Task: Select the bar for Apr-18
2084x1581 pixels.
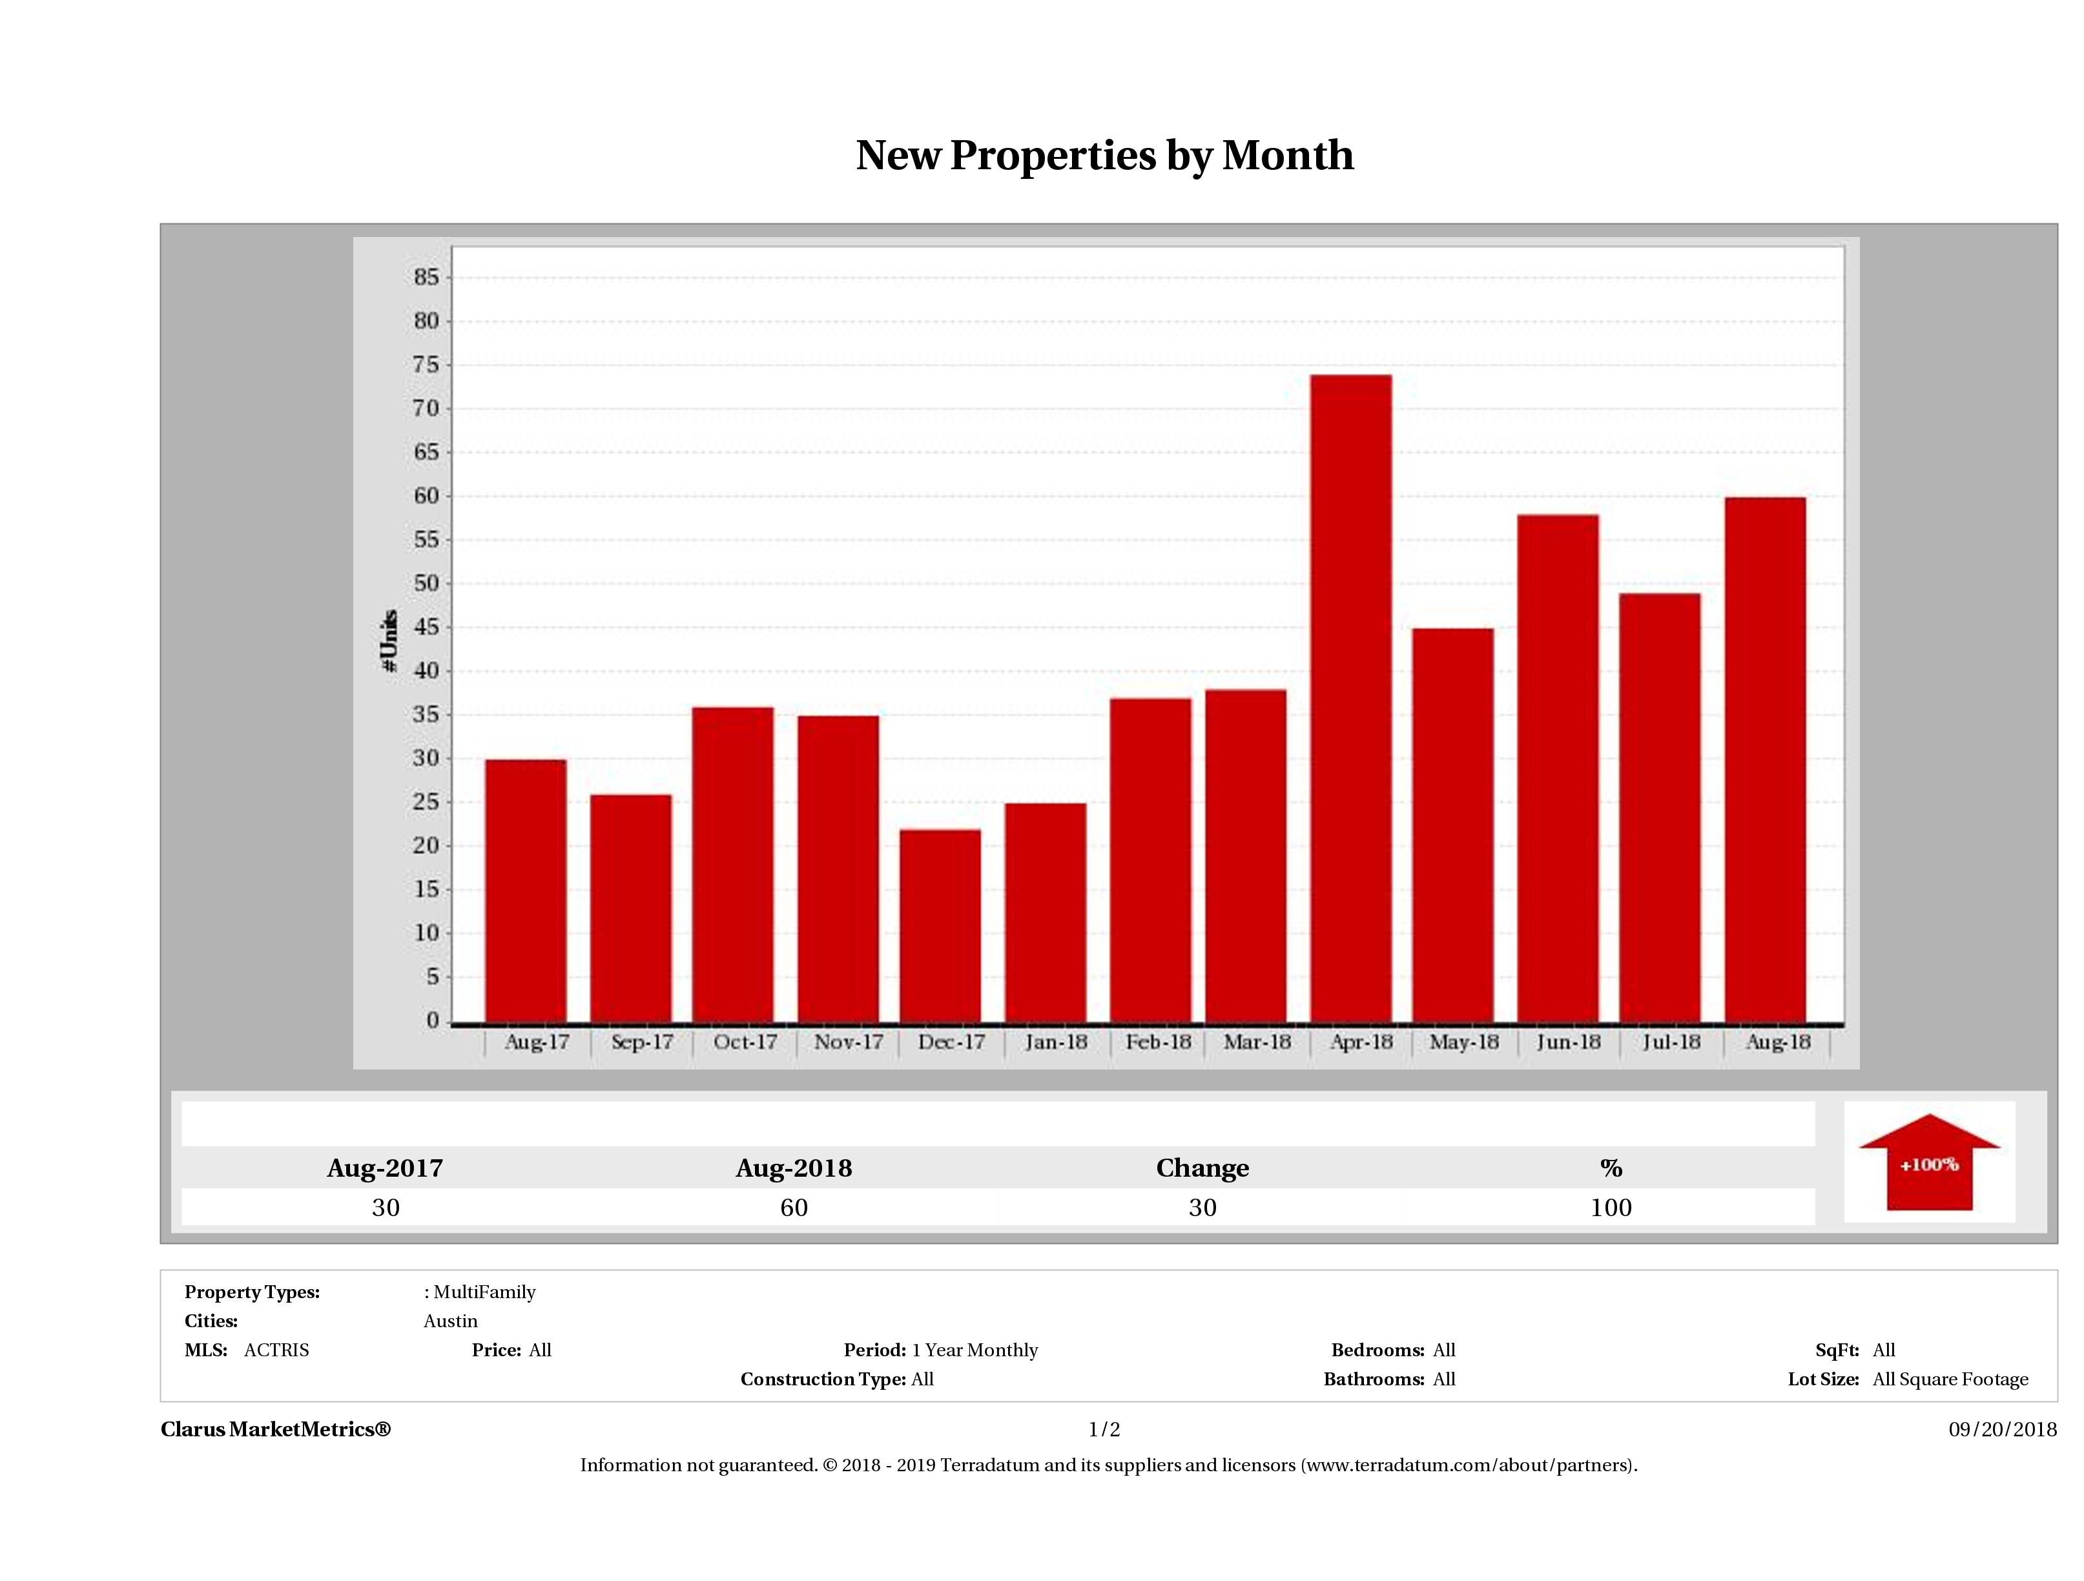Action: tap(1350, 698)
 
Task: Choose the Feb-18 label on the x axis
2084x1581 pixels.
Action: tap(1158, 1042)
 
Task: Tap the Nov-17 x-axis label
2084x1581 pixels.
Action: tap(848, 1042)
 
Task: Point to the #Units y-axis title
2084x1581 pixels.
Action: tap(388, 641)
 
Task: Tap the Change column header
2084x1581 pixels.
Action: tap(1202, 1168)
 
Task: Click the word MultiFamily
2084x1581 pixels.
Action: tap(484, 1292)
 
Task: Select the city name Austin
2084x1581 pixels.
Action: tap(450, 1321)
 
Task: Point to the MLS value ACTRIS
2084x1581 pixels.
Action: tap(276, 1350)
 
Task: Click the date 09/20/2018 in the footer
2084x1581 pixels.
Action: tap(2002, 1429)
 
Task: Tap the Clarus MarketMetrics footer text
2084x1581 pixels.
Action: tap(275, 1429)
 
